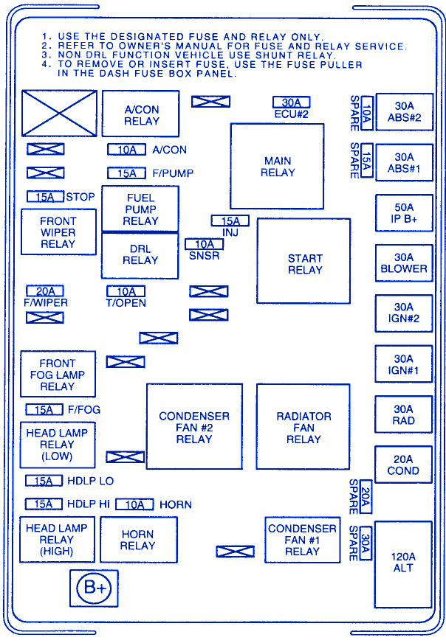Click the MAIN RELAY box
pos(277,167)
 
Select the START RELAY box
pos(303,261)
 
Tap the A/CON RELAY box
pos(140,114)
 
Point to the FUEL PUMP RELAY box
pos(140,209)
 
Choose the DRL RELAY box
pos(140,255)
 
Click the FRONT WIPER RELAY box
pos(58,232)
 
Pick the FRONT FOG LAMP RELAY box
pos(58,375)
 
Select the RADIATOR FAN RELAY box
pos(303,426)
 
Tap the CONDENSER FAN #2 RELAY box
pos(194,426)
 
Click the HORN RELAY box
pos(138,540)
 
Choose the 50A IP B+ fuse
pos(403,213)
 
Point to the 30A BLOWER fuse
pos(403,263)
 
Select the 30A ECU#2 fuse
pos(291,102)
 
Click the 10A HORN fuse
pos(134,504)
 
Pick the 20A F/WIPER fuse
pos(45,291)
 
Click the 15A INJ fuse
pos(230,220)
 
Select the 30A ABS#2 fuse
pos(403,111)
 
